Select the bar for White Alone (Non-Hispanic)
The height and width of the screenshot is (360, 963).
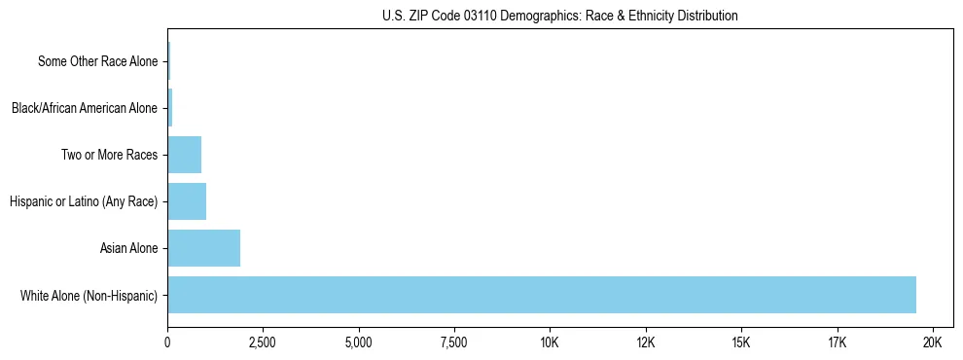pos(542,295)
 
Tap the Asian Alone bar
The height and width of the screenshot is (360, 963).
pos(203,248)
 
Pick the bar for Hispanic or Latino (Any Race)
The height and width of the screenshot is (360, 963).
pos(187,201)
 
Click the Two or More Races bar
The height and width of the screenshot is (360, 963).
pos(184,155)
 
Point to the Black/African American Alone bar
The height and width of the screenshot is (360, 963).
pos(170,108)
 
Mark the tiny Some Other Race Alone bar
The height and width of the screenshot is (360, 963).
pos(169,61)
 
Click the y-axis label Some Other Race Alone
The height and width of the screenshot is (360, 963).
pos(97,61)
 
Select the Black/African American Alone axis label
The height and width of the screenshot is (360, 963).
pos(84,108)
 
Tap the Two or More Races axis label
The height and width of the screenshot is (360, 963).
pos(109,155)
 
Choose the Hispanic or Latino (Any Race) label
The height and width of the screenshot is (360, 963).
pos(83,201)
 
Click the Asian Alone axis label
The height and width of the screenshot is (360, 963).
pos(128,248)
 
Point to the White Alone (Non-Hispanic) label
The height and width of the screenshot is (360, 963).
pos(89,295)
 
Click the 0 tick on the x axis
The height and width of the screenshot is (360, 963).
pos(167,343)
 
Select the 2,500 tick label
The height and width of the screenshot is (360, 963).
pos(263,343)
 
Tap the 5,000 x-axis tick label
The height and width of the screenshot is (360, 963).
pos(359,343)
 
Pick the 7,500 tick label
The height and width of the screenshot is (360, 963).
pos(454,343)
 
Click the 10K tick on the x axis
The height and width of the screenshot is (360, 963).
pos(550,343)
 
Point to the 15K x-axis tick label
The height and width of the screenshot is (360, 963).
pos(741,343)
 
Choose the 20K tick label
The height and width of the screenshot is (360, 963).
pos(932,343)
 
